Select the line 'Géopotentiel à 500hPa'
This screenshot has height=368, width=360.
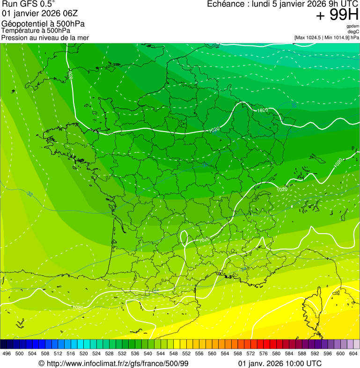point(44,24)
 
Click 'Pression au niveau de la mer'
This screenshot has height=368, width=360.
point(45,37)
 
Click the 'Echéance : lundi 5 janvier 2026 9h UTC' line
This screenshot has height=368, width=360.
point(283,4)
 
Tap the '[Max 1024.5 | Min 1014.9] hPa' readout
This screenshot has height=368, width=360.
point(327,37)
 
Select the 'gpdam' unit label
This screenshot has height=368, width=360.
point(353,26)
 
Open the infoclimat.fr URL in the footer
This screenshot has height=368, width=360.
point(113,363)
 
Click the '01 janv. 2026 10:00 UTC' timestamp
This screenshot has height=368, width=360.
point(280,363)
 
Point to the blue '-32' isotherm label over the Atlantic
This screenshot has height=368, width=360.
point(29,194)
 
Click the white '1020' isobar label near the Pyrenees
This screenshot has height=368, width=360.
point(78,308)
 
